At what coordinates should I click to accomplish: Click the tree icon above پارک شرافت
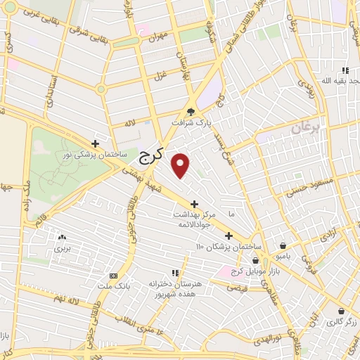191,111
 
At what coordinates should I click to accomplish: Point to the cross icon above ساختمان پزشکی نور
105,143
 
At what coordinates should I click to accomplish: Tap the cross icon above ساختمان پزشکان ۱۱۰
229,236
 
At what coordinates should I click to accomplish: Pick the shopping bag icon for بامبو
282,246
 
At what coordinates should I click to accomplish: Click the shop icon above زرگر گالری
340,311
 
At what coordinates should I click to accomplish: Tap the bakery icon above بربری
63,238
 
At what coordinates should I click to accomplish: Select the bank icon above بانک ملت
113,276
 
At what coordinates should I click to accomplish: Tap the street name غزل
160,75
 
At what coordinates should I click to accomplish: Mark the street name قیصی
236,287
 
